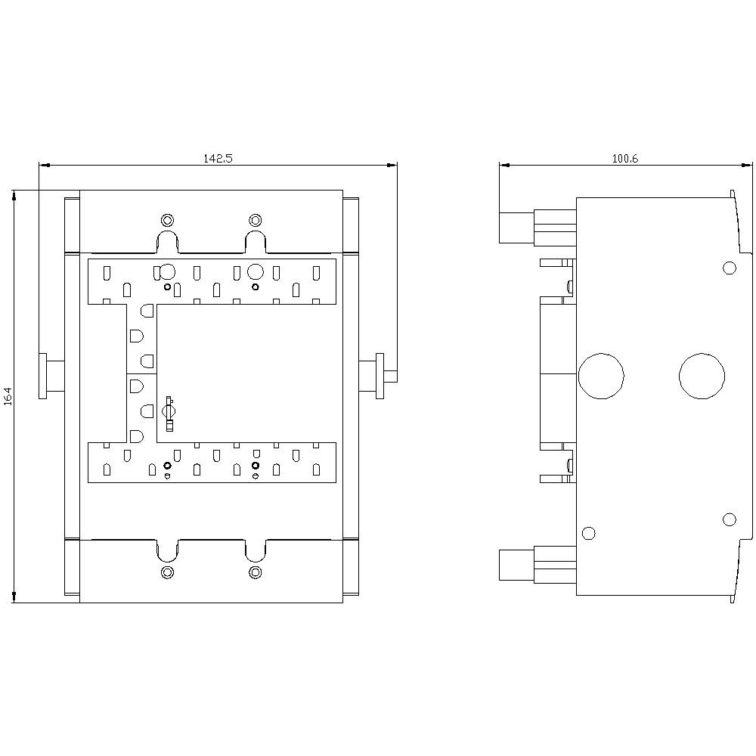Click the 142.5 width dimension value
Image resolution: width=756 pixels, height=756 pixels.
(218, 158)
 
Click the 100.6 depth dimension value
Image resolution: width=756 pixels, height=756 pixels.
(625, 158)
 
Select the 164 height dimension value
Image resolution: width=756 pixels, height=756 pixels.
(8, 396)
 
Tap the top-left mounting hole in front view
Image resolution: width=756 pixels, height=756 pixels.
(168, 220)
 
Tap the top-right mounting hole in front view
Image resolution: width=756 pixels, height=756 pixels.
(255, 220)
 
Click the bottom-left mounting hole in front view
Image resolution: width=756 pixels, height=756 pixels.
(168, 572)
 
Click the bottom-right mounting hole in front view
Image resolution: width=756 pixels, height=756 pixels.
(255, 572)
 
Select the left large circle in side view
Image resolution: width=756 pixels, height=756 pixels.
(601, 375)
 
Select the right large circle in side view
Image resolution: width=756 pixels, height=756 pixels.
(702, 375)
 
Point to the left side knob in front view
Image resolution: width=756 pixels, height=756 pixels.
(51, 376)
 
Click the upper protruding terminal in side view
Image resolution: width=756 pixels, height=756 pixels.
(518, 226)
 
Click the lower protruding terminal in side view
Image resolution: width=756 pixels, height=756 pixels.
(518, 565)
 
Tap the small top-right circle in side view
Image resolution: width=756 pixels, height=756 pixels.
(730, 268)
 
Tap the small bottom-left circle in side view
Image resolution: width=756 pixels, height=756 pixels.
(590, 533)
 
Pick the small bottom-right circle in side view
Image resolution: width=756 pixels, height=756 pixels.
(730, 519)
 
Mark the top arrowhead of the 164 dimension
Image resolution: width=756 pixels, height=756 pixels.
(14, 195)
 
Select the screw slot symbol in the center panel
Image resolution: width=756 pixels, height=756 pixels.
(169, 411)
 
